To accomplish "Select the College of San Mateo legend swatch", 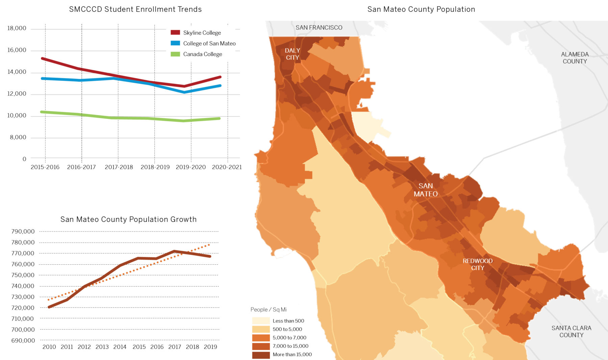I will tap(175, 43).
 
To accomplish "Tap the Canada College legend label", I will tap(202, 54).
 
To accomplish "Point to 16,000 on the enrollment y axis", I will tap(17, 50).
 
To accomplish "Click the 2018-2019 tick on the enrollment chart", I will tap(155, 167).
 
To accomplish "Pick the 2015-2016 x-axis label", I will tap(45, 167).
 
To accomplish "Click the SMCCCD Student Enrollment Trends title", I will tap(135, 9).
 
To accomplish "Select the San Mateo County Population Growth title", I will tap(128, 219).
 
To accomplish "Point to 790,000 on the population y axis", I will tap(23, 232).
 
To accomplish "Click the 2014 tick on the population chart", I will tap(120, 347).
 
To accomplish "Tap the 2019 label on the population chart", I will tap(210, 347).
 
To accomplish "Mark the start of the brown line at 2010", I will tap(49, 307).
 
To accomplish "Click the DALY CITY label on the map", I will tap(292, 54).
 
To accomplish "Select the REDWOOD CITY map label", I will tap(477, 264).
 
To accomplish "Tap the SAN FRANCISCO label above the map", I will tap(319, 28).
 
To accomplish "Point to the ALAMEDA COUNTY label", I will tap(575, 58).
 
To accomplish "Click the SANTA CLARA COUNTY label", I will tap(571, 331).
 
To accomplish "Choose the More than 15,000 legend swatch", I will tap(261, 355).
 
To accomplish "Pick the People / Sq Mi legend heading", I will tap(268, 310).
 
